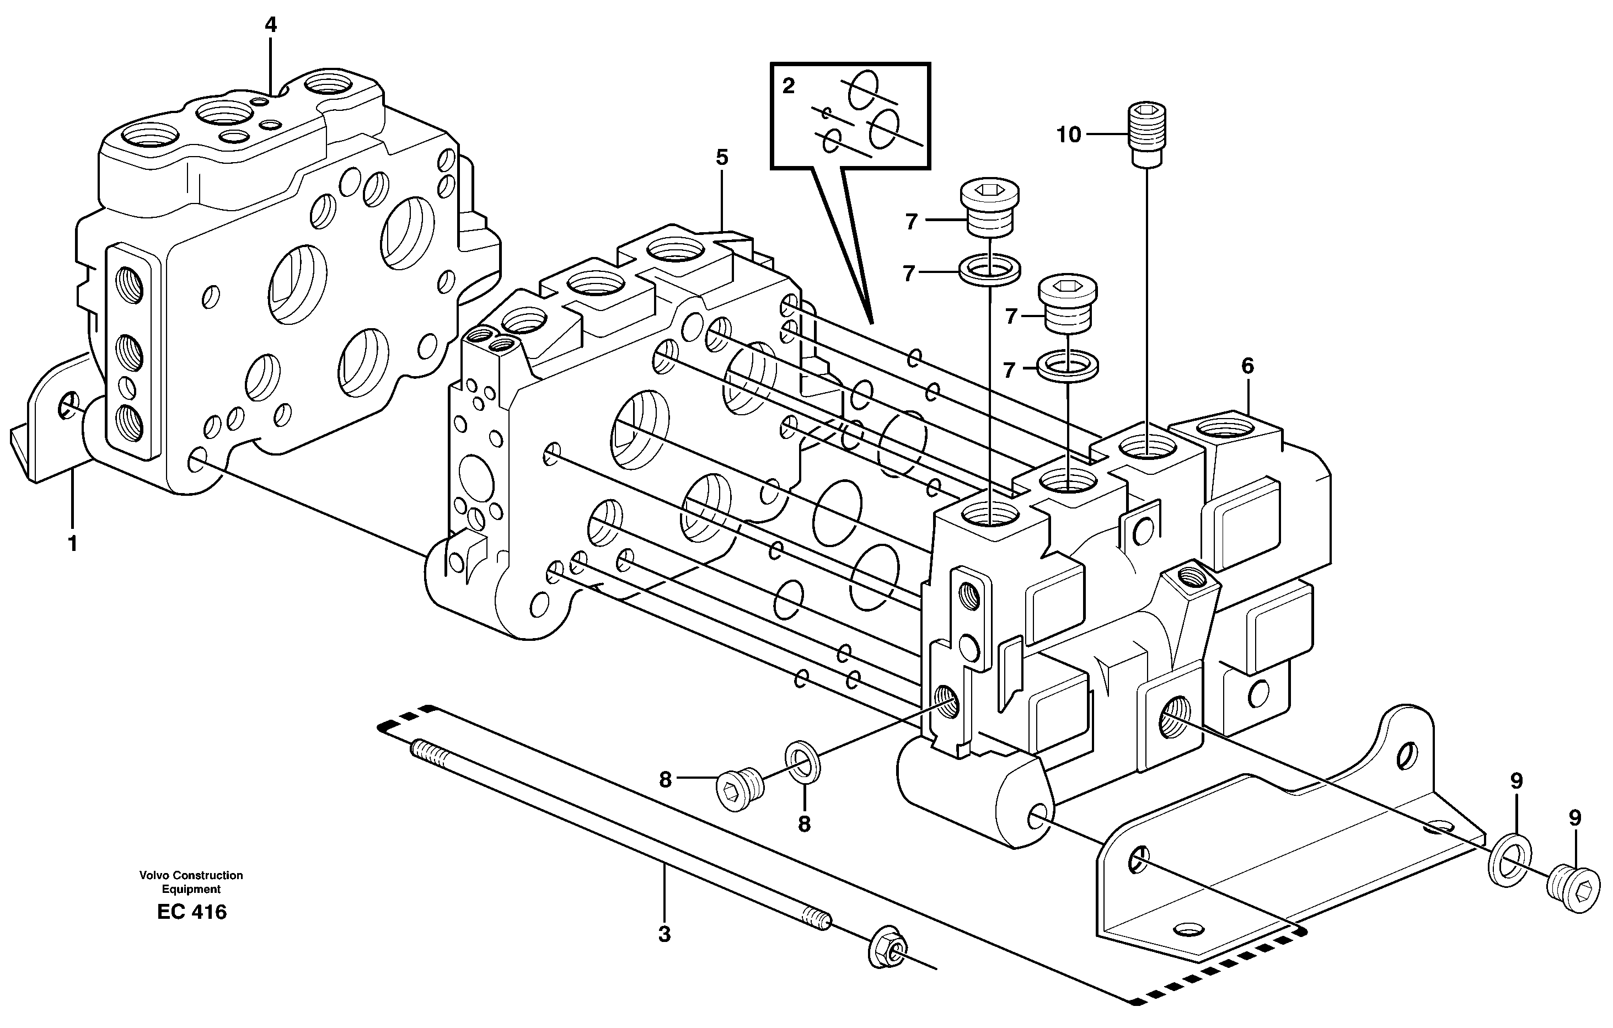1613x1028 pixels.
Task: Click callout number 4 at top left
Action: tap(270, 25)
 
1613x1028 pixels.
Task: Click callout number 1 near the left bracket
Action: tap(72, 544)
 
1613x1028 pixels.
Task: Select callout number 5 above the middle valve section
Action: tap(721, 158)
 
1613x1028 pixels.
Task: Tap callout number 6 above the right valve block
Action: tap(1247, 366)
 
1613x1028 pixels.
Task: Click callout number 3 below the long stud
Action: tap(664, 934)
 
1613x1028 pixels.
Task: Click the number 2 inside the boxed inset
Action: tap(789, 87)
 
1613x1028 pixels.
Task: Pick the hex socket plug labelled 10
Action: tap(1148, 133)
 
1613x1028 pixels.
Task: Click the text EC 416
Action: tap(191, 912)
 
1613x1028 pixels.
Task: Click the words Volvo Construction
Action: tap(191, 875)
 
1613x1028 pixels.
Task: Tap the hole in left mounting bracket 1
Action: tap(68, 406)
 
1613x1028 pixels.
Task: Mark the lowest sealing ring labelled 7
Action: tap(1068, 366)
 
